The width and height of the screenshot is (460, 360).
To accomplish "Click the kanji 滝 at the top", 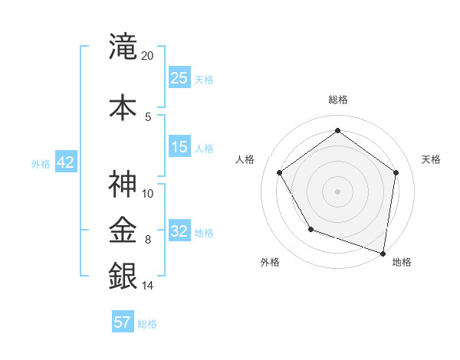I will pos(123,46).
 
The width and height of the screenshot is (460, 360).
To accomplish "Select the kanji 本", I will pos(123,106).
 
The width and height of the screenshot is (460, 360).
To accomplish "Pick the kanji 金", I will pos(123,229).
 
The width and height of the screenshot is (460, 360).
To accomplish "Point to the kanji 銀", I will pos(123,275).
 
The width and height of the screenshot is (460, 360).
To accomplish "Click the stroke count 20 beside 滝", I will pos(148,56).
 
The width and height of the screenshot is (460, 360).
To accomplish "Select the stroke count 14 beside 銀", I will pos(148,286).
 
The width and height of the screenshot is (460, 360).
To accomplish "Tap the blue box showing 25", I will pos(179,77).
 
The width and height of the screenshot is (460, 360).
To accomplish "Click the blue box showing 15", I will pos(179,147).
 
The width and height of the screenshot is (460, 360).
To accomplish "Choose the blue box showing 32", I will pos(179,231).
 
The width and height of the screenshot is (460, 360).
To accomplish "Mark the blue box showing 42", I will pos(65,162).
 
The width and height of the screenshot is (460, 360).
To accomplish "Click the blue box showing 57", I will pos(123,322).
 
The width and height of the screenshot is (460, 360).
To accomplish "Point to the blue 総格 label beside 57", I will pos(147,324).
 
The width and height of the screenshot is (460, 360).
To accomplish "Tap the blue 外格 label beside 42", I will pos(41,163).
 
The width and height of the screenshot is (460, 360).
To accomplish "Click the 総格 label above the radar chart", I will pos(337,100).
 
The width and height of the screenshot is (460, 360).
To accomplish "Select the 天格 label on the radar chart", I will pos(431,159).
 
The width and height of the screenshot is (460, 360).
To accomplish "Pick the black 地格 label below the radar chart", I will pos(402,262).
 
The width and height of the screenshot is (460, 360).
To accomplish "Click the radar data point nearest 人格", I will pos(279,172).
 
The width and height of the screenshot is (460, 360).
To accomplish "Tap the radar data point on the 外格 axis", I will pos(310,229).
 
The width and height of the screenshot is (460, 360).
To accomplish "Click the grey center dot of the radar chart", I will pos(337,191).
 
